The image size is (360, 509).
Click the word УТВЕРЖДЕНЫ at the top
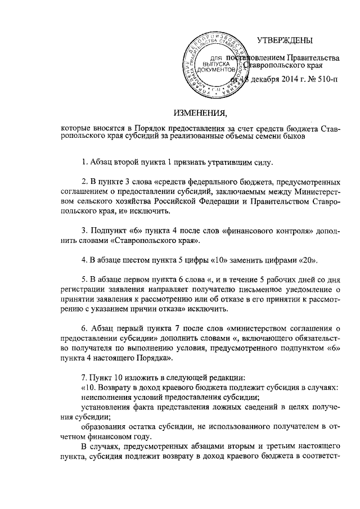coord(285,40)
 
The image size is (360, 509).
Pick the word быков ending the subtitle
coord(292,135)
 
